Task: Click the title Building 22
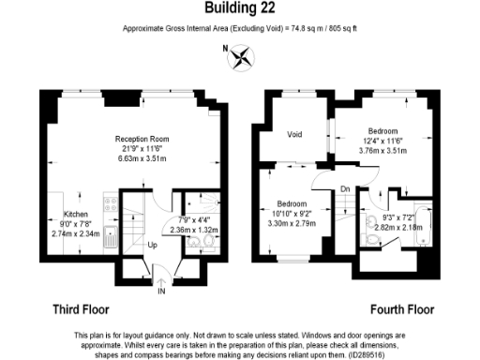coord(239,8)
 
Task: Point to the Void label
coord(294,133)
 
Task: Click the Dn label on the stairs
coord(345,188)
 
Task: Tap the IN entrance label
coord(160,292)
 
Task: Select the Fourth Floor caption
coord(401,308)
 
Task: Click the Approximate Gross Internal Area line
coord(239,29)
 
